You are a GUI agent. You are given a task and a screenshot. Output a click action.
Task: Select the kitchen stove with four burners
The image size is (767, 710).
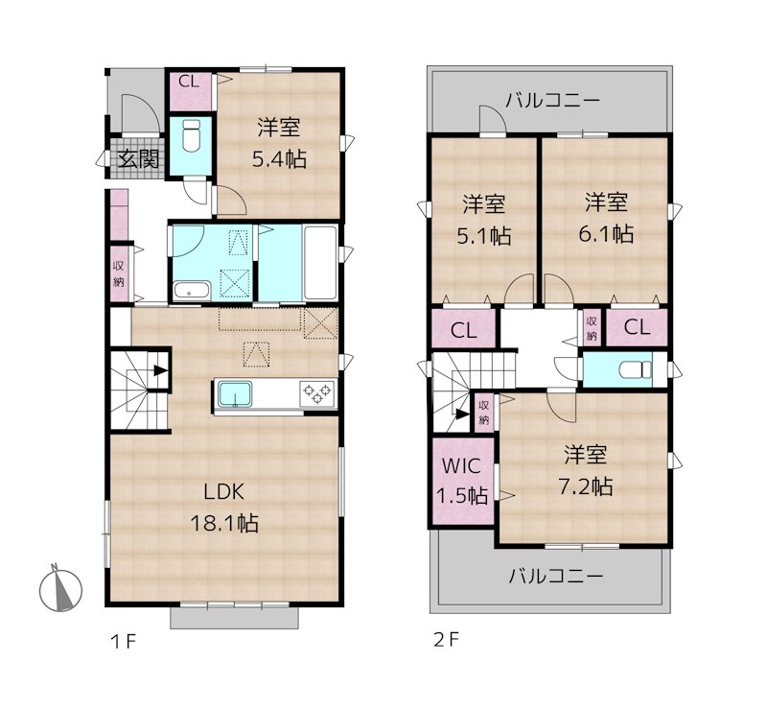coord(318,392)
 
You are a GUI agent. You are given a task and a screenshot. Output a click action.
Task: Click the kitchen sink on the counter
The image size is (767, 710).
coord(235,394)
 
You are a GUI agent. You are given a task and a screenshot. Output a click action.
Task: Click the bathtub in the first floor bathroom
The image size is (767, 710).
coord(320,263)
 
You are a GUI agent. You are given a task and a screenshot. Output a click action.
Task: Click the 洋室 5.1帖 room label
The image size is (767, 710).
coord(485,219)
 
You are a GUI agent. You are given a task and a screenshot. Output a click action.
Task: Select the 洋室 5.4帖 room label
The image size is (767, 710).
coord(279,143)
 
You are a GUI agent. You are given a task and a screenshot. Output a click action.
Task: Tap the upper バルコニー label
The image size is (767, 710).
coord(552,100)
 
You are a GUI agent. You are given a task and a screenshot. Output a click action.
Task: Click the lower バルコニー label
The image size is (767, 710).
coord(555,577)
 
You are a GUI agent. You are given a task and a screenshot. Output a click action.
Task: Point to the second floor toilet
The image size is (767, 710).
coord(630,369)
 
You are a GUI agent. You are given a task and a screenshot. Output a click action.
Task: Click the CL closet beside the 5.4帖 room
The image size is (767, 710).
coord(190,82)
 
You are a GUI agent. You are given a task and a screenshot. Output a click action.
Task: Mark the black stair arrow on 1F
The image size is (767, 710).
coord(159,367)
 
